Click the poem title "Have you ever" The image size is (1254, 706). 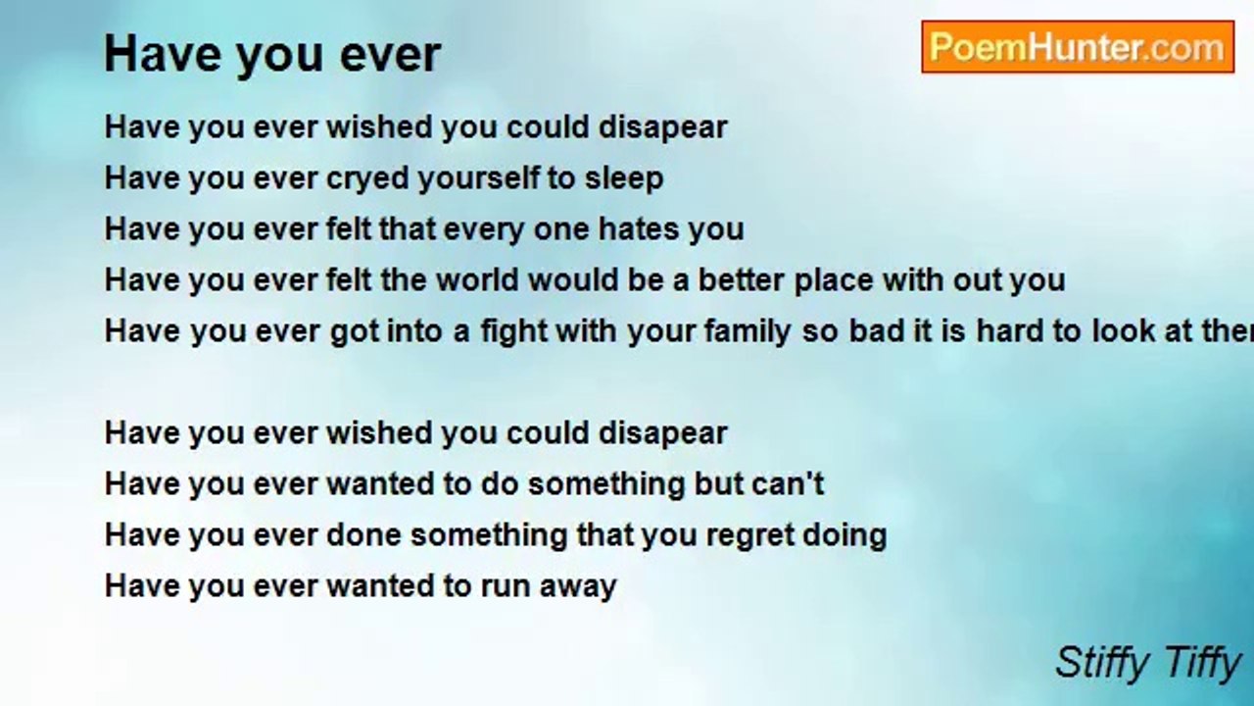coord(272,54)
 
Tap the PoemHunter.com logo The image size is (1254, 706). coord(1077,47)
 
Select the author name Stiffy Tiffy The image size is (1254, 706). coord(1147,662)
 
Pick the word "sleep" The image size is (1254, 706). coord(624,178)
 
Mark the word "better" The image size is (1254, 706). coord(728,280)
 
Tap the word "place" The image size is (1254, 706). coord(834,280)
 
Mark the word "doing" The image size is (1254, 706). coord(851,535)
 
